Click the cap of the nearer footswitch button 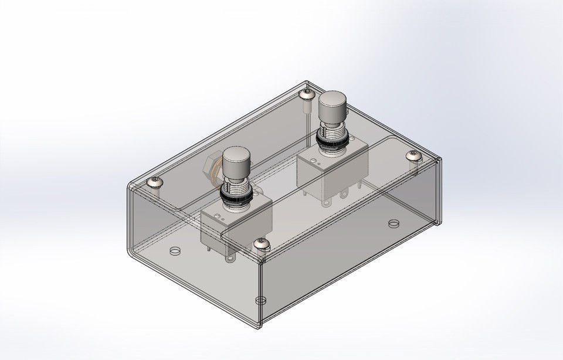pos(236,158)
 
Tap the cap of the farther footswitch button pos(331,103)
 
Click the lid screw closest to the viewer pos(261,243)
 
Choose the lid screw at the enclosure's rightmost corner pos(415,155)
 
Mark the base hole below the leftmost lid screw pos(174,251)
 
